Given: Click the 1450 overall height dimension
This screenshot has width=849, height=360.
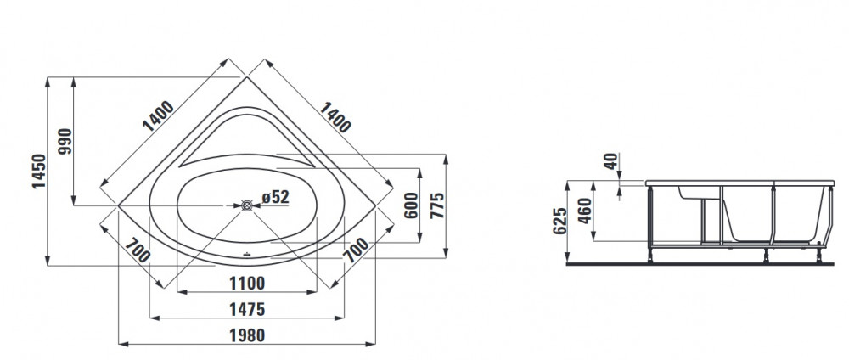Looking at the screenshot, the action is [x=39, y=171].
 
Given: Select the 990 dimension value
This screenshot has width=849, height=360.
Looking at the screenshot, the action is [x=65, y=141].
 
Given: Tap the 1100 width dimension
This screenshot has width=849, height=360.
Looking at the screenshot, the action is [x=247, y=283].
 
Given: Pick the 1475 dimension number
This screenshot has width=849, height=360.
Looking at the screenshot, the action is [x=247, y=309].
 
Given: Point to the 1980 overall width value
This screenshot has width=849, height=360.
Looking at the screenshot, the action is [x=247, y=335].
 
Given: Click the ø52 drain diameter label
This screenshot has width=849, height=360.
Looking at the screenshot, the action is [x=275, y=197].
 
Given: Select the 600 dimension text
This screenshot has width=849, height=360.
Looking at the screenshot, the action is [x=412, y=205].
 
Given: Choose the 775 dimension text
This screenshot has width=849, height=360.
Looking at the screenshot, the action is [x=436, y=205].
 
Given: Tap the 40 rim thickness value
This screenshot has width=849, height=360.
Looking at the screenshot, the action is [x=611, y=161].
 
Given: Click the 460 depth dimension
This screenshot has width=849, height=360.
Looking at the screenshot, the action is [x=585, y=214].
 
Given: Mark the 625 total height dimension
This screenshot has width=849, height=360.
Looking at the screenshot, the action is [x=559, y=222].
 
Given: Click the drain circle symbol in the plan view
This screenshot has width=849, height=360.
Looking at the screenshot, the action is [x=247, y=205].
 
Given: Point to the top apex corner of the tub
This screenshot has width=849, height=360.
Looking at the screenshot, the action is [x=247, y=77].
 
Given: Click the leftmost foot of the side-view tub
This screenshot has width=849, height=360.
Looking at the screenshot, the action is [x=650, y=255].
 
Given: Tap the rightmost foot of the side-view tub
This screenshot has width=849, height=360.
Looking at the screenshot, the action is [x=818, y=255].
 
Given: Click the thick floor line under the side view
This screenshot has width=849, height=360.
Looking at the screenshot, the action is [x=707, y=264].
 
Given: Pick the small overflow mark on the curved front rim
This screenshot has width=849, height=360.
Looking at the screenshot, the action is [x=247, y=253].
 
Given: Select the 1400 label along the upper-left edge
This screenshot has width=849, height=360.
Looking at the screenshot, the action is [x=158, y=115].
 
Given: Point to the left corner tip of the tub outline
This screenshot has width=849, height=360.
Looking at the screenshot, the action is [x=119, y=205].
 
